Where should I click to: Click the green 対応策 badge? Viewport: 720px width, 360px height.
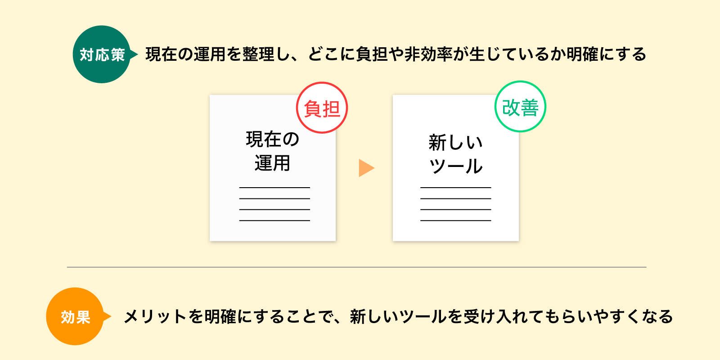102,54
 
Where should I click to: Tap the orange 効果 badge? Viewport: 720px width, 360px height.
75,316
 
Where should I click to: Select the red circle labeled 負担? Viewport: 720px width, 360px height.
322,108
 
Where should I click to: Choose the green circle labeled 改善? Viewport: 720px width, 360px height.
520,106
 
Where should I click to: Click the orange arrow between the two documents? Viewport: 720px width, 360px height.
366,168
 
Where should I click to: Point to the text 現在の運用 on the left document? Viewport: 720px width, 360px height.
273,151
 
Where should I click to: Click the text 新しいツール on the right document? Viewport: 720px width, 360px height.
455,154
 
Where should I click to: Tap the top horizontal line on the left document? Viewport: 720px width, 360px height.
274,187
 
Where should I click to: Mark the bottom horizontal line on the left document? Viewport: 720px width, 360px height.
274,220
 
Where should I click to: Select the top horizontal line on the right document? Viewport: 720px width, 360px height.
455,187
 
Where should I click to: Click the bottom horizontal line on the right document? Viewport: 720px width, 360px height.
455,220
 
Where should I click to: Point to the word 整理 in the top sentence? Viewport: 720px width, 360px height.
258,54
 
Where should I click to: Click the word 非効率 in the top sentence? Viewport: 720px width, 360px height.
428,54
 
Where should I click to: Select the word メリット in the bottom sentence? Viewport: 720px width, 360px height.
155,317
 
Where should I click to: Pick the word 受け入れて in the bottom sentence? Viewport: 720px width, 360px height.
504,317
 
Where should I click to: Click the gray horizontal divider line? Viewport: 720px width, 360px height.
356,267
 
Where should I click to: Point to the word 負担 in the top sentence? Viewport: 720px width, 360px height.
372,54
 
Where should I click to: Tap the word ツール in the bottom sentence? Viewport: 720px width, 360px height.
423,317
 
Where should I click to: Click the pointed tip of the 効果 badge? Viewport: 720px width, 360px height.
111,317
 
